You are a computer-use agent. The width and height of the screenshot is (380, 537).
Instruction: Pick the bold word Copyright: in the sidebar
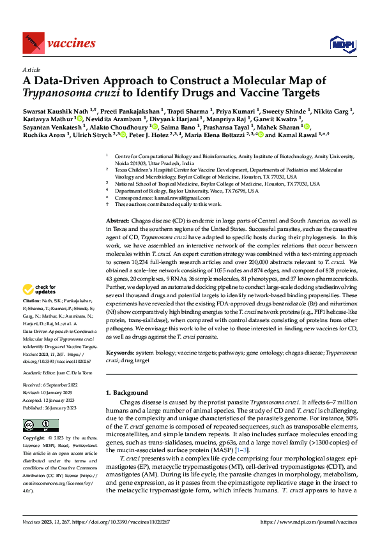pyautogui.click(x=34, y=439)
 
